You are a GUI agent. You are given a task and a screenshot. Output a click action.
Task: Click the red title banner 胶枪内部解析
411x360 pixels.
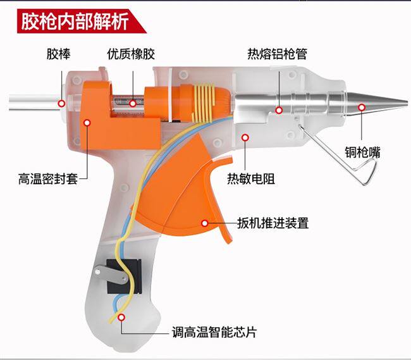point(75,20)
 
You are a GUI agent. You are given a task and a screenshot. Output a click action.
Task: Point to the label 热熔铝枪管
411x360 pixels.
point(278,55)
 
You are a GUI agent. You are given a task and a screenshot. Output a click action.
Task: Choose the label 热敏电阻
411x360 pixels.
point(251,178)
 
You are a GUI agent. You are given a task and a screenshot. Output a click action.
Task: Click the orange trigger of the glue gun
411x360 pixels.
point(190,190)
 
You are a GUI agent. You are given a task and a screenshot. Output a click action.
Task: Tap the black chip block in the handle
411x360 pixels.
point(120,275)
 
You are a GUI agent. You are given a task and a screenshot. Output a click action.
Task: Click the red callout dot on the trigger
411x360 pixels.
point(204,222)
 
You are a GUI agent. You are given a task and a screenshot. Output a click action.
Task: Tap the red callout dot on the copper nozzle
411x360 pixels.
point(361,108)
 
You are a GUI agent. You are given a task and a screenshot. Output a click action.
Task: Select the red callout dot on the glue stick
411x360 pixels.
point(61,102)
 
